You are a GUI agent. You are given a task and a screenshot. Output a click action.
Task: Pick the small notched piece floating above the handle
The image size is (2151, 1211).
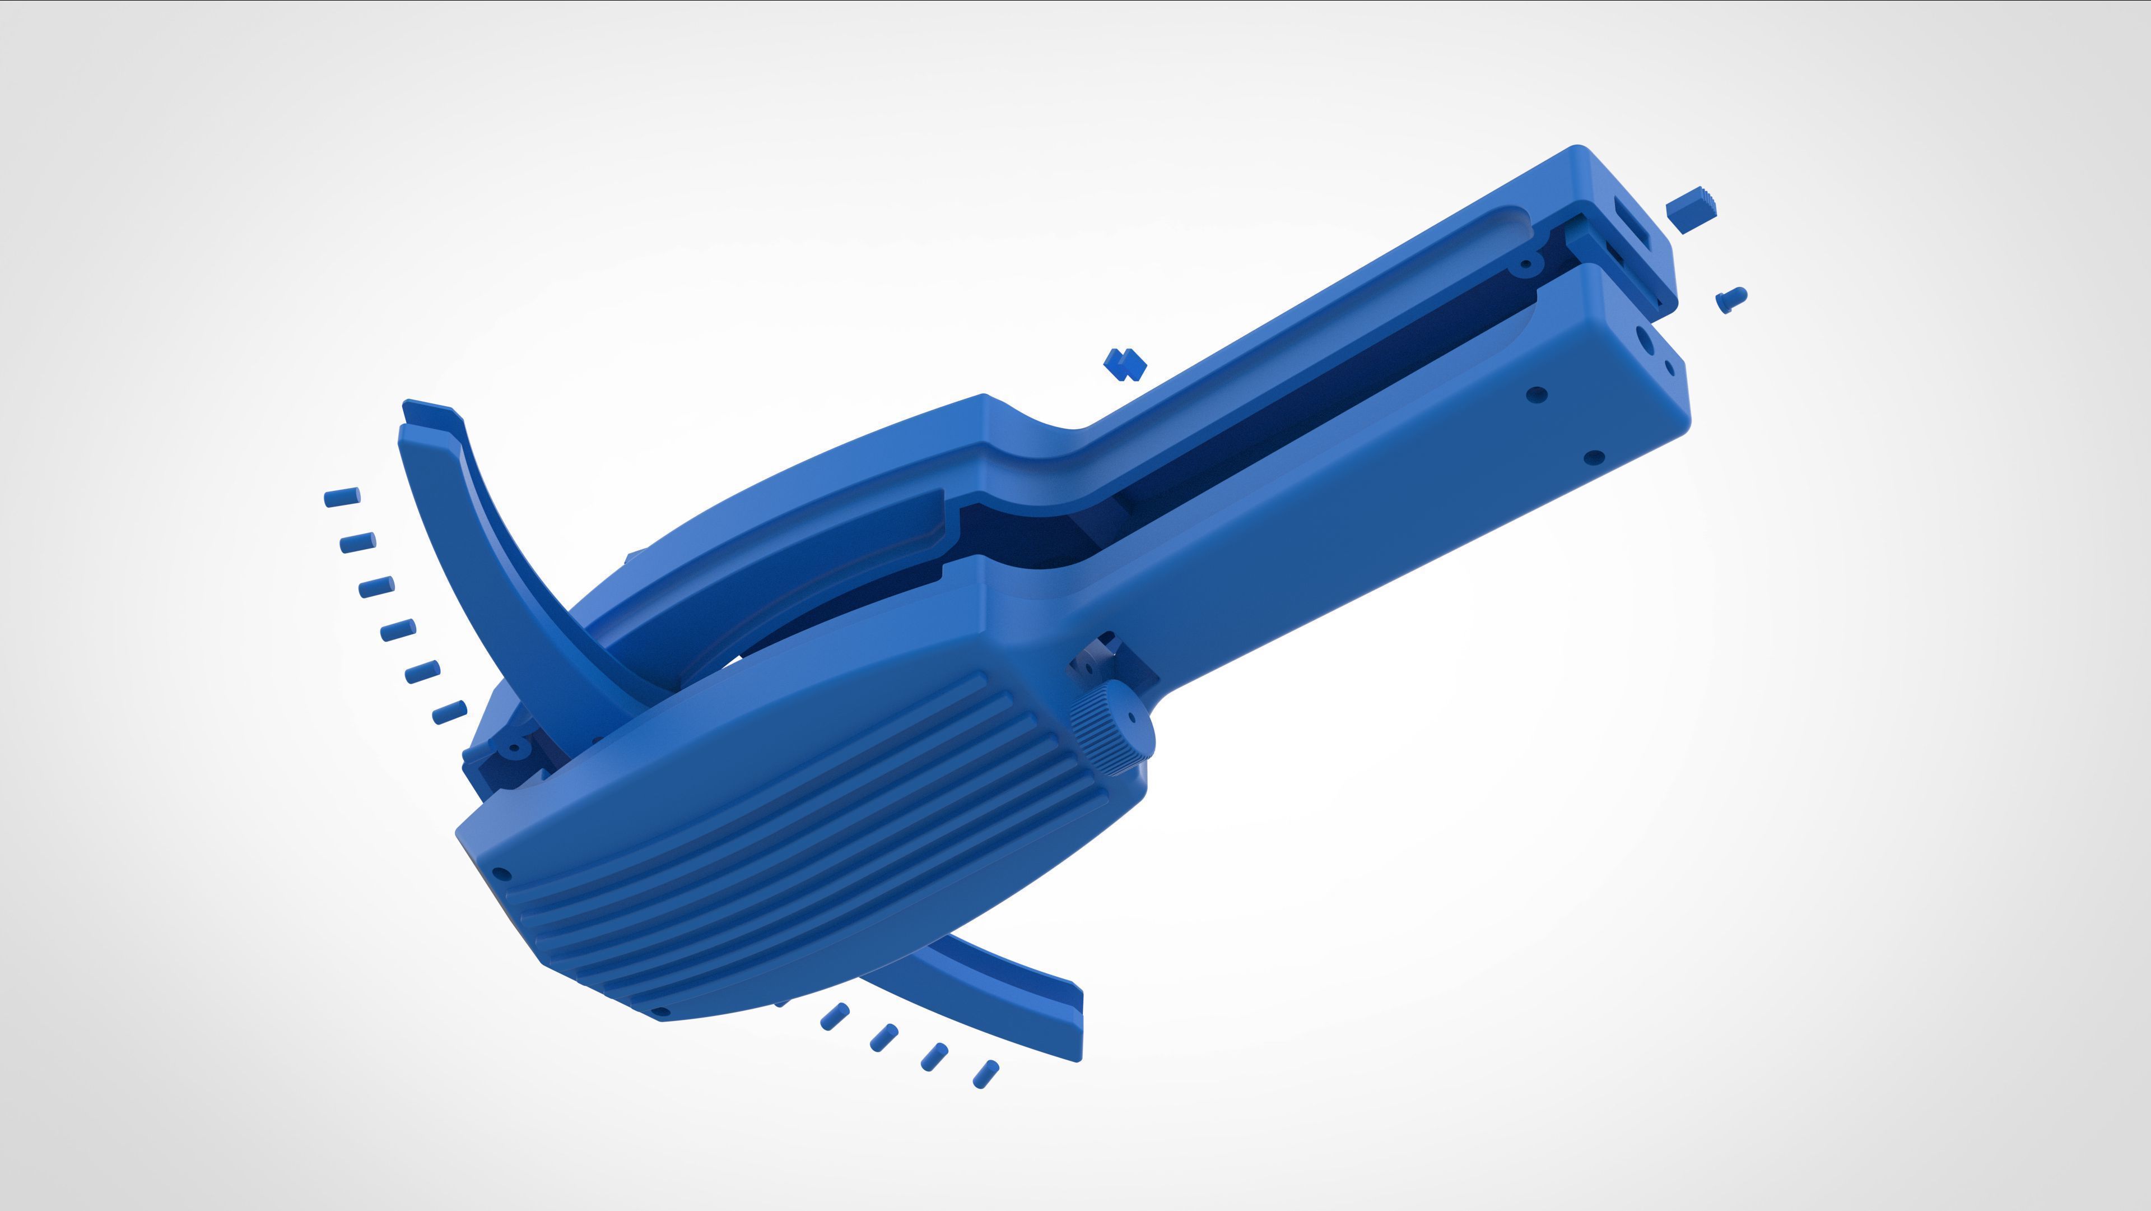1125,364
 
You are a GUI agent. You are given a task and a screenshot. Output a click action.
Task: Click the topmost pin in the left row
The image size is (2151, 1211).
342,497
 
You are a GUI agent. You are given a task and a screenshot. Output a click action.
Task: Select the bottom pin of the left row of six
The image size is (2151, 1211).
449,712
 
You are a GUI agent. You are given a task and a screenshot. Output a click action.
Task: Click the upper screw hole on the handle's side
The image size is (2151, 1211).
1537,394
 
